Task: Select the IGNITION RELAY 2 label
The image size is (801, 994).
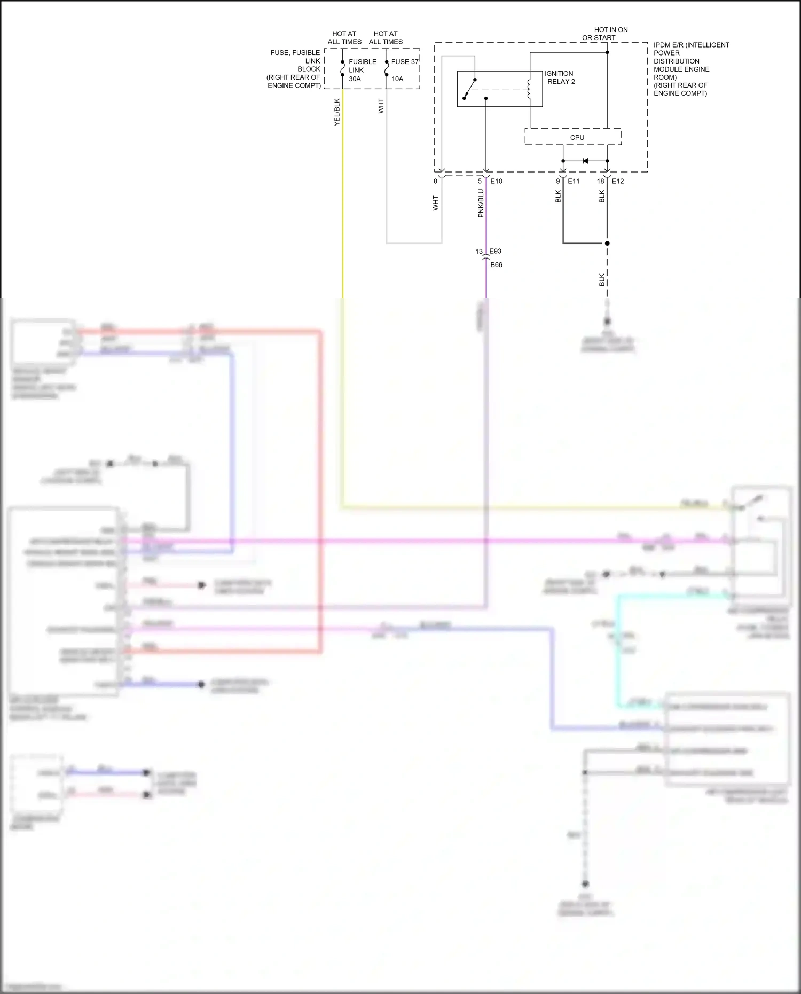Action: (560, 77)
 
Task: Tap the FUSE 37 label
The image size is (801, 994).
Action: (405, 62)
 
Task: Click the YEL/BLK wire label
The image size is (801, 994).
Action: (337, 112)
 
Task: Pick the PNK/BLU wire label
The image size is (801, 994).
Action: (481, 203)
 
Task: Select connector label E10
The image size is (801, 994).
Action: (496, 181)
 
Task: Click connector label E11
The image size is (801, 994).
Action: (574, 181)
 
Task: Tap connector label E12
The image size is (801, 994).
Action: (618, 181)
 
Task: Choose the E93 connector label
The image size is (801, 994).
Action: (495, 251)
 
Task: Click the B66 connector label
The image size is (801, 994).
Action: (496, 265)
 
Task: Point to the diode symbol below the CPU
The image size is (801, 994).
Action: (585, 161)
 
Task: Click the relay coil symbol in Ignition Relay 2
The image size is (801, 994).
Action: (529, 89)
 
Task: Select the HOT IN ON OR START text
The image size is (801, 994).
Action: (605, 34)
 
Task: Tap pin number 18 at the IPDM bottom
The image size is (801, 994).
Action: (601, 181)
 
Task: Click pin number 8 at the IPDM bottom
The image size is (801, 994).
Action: (435, 181)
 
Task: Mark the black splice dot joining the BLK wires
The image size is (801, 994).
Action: (607, 244)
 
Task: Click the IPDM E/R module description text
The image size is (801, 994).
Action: (690, 69)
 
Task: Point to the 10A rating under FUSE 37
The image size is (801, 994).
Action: (397, 79)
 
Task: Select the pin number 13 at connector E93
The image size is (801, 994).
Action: (479, 251)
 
